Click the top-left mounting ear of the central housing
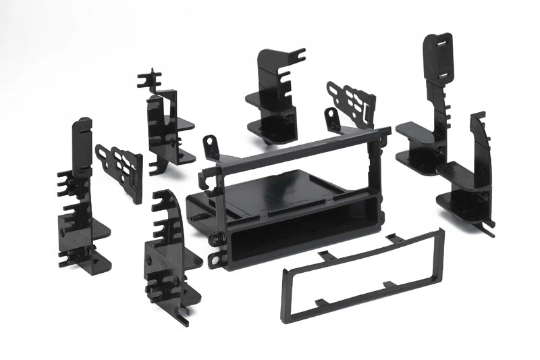click(211, 144)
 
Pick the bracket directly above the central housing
click(273, 95)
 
